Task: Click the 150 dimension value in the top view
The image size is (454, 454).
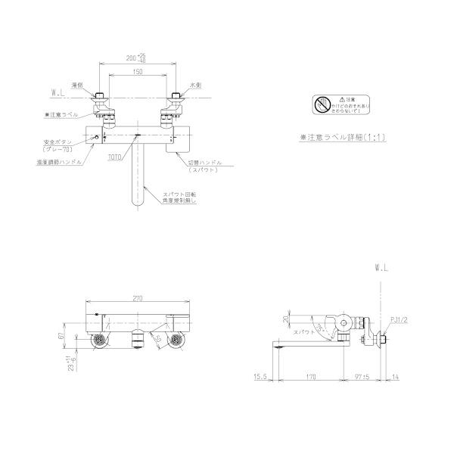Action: (136, 71)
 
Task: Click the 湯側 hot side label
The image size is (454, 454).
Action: (78, 86)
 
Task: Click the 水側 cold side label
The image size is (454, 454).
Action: (194, 86)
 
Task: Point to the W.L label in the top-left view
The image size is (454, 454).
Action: (58, 94)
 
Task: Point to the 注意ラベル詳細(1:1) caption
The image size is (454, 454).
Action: (342, 137)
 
